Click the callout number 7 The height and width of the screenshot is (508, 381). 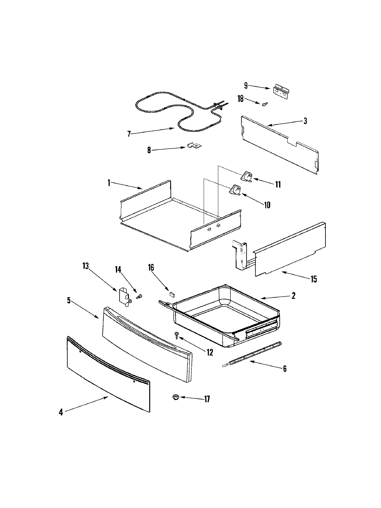click(x=129, y=134)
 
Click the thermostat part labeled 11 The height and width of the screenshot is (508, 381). click(x=247, y=177)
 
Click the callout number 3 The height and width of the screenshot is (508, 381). click(x=305, y=121)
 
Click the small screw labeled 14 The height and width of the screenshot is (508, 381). click(x=139, y=297)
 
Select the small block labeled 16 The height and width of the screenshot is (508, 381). click(x=172, y=294)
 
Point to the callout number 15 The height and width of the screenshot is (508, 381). click(x=314, y=279)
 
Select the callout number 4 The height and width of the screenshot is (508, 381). click(x=61, y=412)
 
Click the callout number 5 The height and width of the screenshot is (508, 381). click(x=69, y=300)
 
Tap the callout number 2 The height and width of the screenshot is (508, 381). click(x=293, y=296)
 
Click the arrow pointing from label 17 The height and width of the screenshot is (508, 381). click(x=190, y=398)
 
